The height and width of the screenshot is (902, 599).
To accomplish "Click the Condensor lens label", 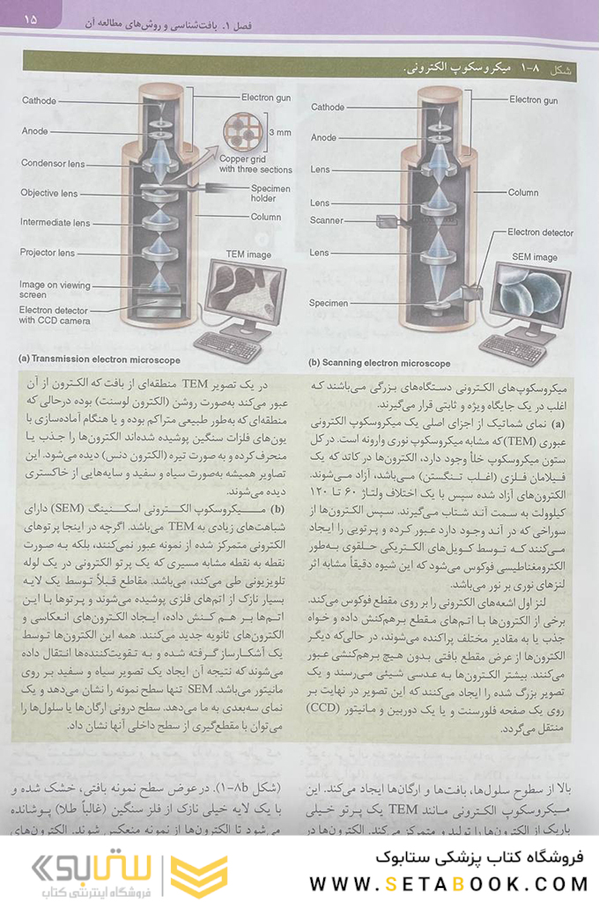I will click(53, 163).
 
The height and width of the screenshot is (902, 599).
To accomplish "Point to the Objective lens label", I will click(49, 193).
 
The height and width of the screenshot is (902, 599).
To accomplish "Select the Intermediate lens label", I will click(55, 222).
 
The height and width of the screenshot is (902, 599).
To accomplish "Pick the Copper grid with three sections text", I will click(255, 165).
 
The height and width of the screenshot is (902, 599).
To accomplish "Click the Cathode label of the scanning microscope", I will click(328, 107).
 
